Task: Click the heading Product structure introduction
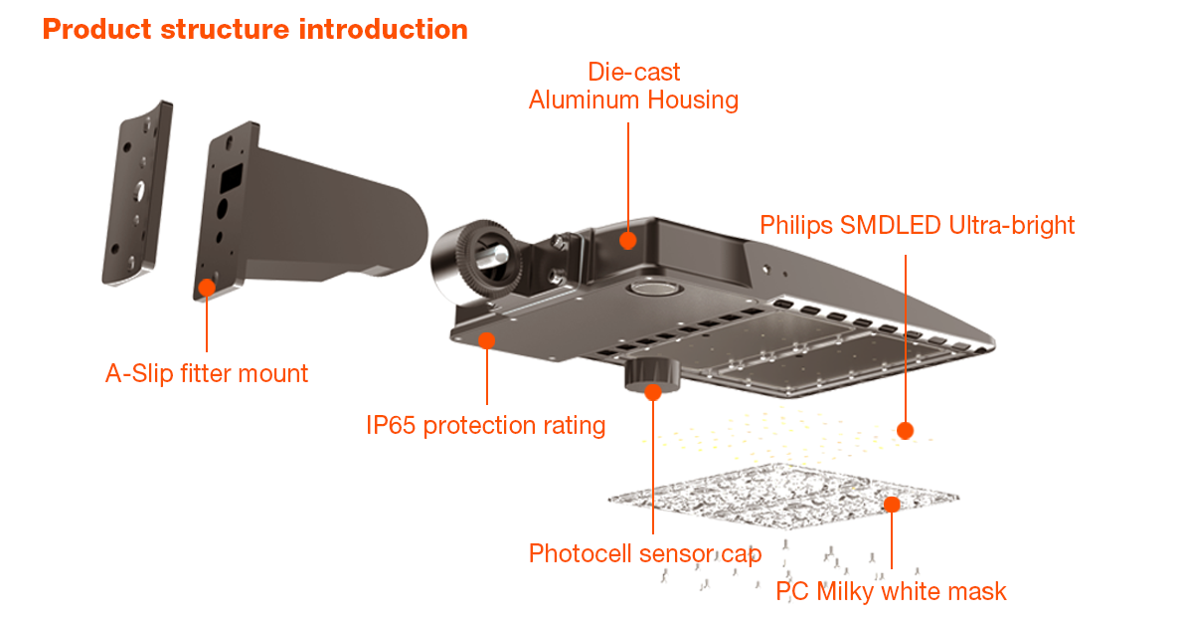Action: (x=254, y=29)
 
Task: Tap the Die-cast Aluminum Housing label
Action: (x=633, y=86)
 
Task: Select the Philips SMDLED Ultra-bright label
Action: (x=917, y=225)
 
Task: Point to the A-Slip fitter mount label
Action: (x=207, y=373)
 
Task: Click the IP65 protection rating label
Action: (x=485, y=426)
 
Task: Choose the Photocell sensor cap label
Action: (x=645, y=553)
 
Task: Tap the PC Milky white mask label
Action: (x=891, y=591)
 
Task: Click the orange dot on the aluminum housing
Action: (x=627, y=239)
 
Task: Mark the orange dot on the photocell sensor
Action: (x=652, y=391)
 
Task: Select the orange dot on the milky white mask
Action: (x=892, y=505)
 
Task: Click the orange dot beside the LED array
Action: (x=905, y=430)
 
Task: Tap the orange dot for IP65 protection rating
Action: (x=487, y=340)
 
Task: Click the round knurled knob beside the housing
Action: (x=474, y=259)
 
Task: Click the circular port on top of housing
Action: (x=651, y=289)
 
